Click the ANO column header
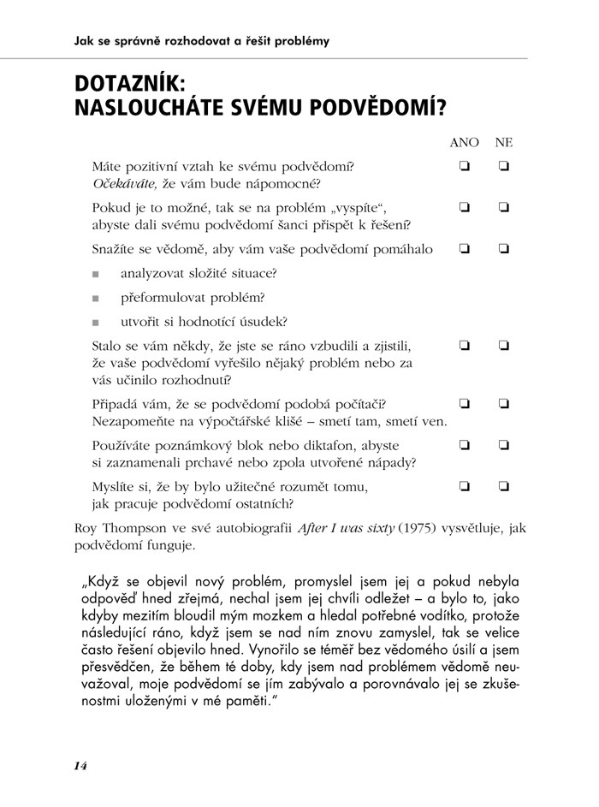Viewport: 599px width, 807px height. coord(464,143)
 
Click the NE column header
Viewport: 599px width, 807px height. coord(503,143)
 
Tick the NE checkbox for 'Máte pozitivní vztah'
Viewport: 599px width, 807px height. coord(504,166)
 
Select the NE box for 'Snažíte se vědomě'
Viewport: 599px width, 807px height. coord(504,249)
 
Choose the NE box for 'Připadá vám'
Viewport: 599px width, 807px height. coord(504,403)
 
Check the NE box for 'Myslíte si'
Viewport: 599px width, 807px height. coord(504,486)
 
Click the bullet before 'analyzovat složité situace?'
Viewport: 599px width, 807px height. coord(96,275)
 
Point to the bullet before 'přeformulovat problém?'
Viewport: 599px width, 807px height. coord(96,299)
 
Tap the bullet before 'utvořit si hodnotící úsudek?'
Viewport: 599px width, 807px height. coord(96,323)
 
